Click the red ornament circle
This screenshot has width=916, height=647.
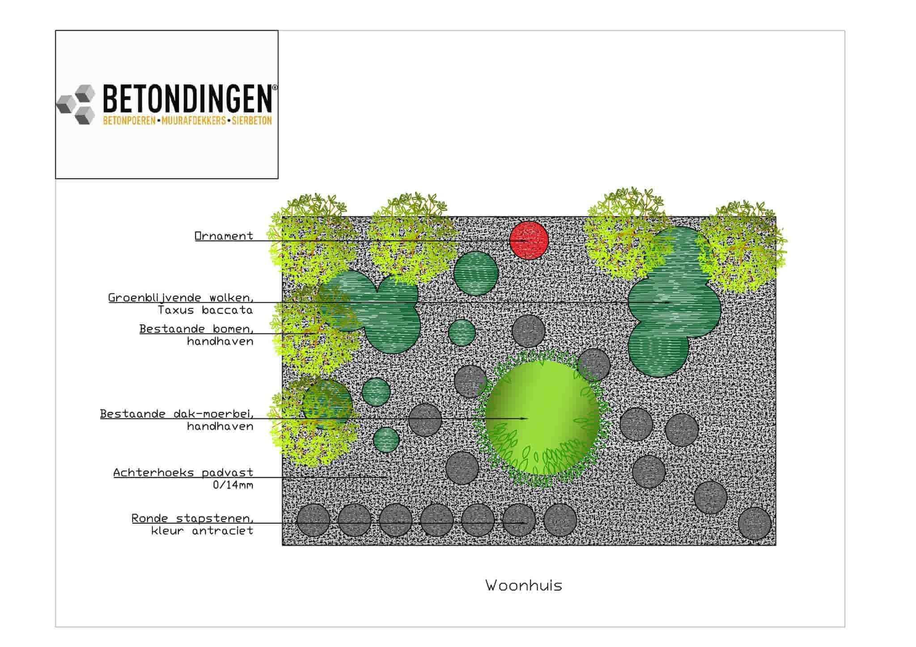tap(529, 240)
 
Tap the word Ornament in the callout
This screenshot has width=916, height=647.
tap(224, 236)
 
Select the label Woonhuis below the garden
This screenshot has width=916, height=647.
tap(523, 585)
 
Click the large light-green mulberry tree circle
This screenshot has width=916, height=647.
tap(542, 418)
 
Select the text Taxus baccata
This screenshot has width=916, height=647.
tap(205, 310)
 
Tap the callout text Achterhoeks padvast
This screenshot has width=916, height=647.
tap(183, 473)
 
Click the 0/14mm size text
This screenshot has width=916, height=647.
tap(233, 485)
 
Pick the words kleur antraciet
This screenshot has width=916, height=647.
tap(202, 531)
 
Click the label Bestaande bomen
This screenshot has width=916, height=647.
tap(196, 329)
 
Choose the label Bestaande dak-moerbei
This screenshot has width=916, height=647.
tap(177, 414)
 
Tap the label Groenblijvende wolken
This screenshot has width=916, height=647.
tap(181, 298)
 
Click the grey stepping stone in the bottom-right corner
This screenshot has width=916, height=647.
tap(755, 523)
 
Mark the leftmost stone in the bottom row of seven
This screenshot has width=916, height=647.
tap(314, 520)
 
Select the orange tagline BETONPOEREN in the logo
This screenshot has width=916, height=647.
tap(129, 121)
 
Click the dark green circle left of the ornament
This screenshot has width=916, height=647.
tap(476, 273)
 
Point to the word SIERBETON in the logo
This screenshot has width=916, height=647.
tap(251, 121)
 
